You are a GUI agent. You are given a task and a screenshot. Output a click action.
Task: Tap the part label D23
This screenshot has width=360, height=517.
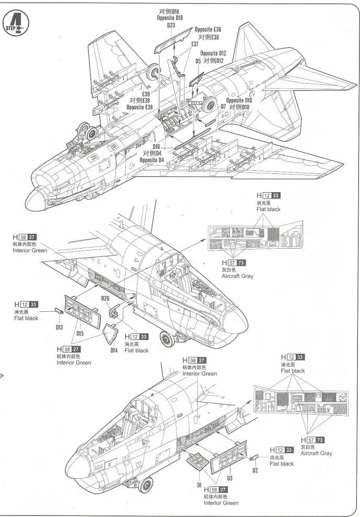pyautogui.click(x=171, y=25)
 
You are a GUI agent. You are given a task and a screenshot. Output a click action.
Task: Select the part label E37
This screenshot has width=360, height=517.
pyautogui.click(x=194, y=44)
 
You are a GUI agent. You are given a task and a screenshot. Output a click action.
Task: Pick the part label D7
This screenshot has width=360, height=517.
pyautogui.click(x=223, y=107)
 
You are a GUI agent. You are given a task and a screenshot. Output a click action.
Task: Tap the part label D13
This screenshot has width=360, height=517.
pyautogui.click(x=59, y=327)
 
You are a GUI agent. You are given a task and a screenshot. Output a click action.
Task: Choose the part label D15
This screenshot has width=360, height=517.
pyautogui.click(x=79, y=333)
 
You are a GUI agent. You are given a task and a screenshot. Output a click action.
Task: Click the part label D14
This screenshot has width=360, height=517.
pyautogui.click(x=114, y=350)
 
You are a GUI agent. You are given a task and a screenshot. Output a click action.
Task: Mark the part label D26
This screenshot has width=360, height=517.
pyautogui.click(x=105, y=299)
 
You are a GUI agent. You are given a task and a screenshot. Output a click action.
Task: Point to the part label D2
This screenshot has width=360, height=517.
pyautogui.click(x=256, y=470)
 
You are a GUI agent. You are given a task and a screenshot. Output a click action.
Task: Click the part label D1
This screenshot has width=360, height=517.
pyautogui.click(x=199, y=485)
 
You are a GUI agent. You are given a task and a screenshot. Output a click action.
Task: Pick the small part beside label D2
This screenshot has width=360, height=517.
pyautogui.click(x=254, y=458)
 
